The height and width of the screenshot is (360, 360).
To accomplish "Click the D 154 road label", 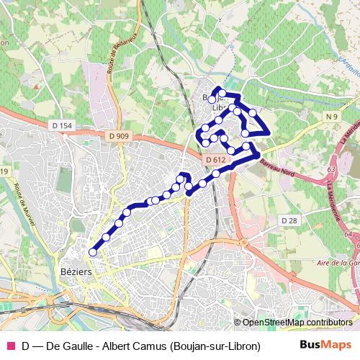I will click(x=63, y=126).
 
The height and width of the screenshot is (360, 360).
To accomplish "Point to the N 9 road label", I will click(x=331, y=117).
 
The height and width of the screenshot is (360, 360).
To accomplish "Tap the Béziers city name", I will click(x=73, y=272).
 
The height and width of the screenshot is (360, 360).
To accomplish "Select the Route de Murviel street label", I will click(x=25, y=203).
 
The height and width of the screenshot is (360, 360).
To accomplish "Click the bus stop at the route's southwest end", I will click(x=92, y=252).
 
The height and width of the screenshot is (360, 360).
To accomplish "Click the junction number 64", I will click(x=348, y=234).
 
